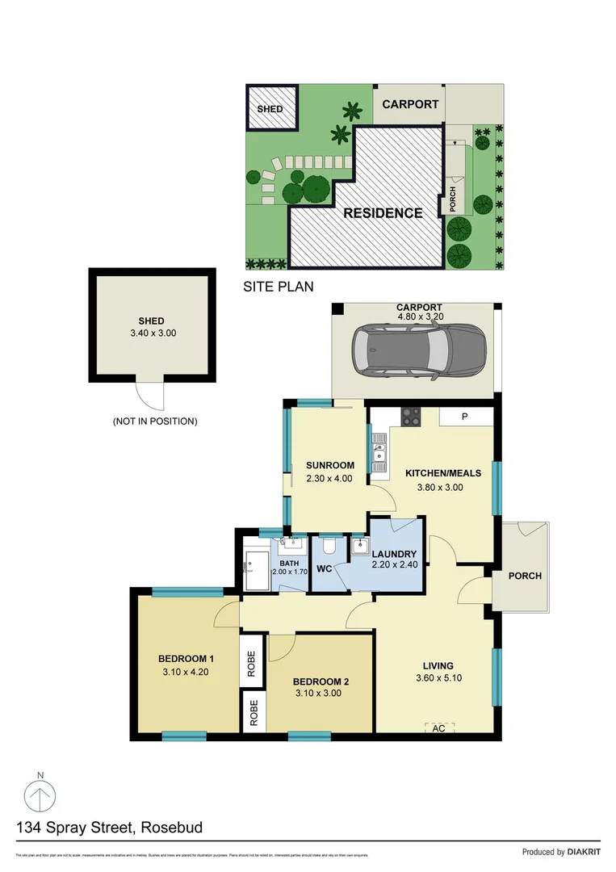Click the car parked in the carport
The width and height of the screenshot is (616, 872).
coord(418,351)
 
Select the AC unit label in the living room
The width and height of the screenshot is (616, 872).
coord(439,727)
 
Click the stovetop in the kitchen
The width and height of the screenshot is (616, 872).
coord(410,417)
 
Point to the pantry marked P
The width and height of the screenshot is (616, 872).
coord(465,417)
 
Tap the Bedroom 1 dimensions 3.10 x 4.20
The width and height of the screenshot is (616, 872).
coord(185,671)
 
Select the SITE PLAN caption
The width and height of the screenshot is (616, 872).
coord(279,286)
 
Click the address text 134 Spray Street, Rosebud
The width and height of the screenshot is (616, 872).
coord(109,827)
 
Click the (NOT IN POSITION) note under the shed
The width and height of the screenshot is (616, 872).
coord(155,421)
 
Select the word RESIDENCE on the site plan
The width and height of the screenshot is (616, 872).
coord(383,213)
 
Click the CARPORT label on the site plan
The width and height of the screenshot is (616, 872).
coord(410,104)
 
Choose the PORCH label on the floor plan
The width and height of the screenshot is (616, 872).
coord(525,576)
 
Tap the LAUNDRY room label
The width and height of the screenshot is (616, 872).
coord(393,554)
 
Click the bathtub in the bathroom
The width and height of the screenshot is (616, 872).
coord(254,567)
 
